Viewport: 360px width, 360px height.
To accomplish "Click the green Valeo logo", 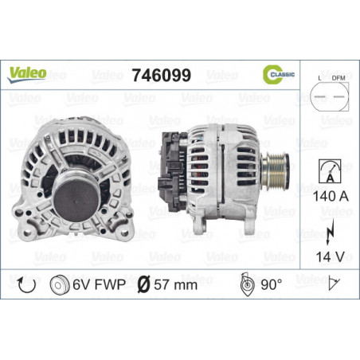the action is (27, 74).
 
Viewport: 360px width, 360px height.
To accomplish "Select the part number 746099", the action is (162, 75).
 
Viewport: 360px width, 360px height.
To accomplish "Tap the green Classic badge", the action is (278, 74).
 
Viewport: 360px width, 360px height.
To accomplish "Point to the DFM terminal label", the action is (338, 78).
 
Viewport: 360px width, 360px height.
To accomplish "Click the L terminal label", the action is (319, 78).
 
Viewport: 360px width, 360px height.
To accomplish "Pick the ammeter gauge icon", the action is (330, 171).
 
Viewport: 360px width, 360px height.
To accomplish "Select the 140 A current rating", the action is (331, 197).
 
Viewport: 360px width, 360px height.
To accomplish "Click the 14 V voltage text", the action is (330, 256).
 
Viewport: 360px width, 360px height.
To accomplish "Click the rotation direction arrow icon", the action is (26, 285).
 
